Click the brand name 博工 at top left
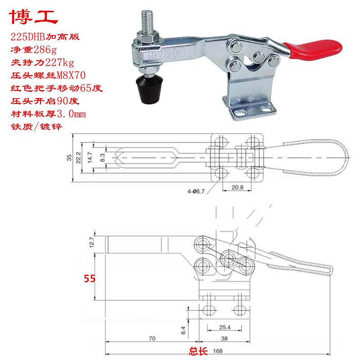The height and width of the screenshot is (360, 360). point(34,17)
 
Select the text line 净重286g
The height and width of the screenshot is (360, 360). point(34,49)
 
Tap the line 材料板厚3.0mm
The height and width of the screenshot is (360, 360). point(47,114)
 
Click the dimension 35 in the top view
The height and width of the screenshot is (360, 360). point(69,157)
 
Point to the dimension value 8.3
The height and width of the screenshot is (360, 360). point(102,157)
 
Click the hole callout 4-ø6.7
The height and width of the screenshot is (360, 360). point(196,191)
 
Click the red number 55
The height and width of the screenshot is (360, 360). point(90,279)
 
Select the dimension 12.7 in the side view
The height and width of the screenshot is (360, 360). point(93,243)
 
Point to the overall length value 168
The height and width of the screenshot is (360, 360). point(217,351)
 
